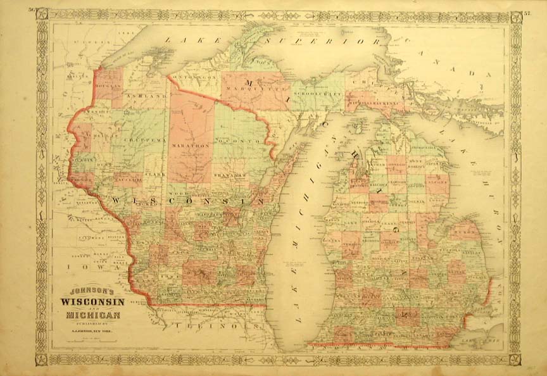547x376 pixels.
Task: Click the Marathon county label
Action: click(x=190, y=145)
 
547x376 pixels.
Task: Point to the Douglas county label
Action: click(x=109, y=92)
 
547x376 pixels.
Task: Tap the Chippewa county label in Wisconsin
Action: click(x=144, y=138)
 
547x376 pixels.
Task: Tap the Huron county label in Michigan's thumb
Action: click(x=465, y=232)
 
